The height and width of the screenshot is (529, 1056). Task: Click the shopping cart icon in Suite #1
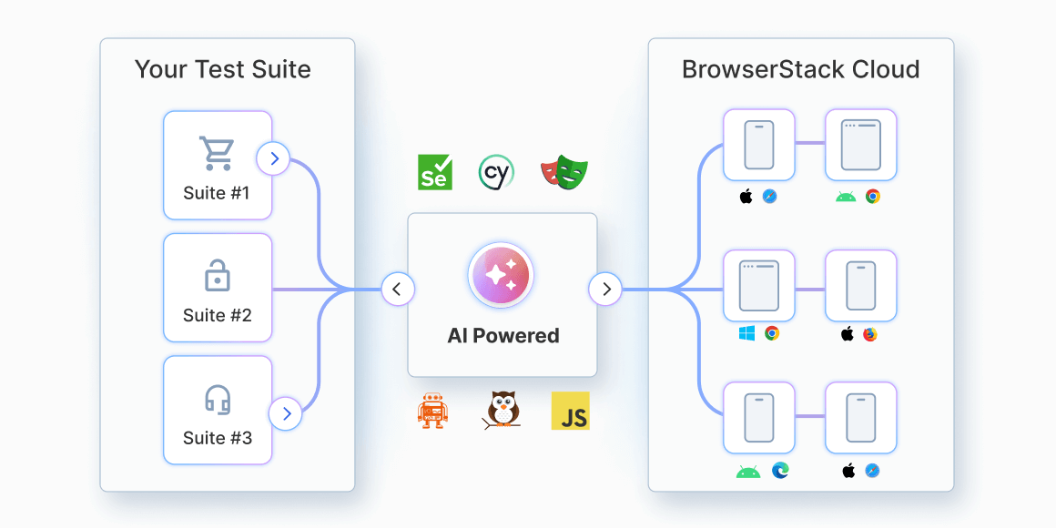point(217,154)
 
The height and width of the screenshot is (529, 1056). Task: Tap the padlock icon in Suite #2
point(217,276)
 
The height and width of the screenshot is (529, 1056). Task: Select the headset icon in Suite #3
point(217,399)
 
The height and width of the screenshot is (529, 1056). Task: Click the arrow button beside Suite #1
point(273,159)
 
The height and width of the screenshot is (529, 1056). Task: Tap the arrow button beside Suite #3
point(287,413)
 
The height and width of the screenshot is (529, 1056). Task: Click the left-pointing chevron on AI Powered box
point(397,290)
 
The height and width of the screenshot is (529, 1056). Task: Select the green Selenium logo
point(435,172)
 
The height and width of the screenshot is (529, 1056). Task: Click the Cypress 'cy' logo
point(496,172)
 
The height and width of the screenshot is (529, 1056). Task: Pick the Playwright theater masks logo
point(564,171)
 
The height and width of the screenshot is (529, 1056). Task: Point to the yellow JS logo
point(571,412)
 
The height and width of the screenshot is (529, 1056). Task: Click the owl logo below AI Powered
point(502,411)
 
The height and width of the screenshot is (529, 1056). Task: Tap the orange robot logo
point(432,412)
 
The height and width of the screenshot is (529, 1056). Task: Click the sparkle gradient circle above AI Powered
point(502,275)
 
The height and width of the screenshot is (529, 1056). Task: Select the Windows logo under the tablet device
point(747,333)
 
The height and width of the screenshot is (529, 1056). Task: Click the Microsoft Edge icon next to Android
point(780,471)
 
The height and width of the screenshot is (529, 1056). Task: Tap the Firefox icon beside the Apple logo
point(870,334)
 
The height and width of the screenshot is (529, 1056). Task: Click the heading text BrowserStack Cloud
point(800,70)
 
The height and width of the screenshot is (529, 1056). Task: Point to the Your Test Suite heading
point(223,70)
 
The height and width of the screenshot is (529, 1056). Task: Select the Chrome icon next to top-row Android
point(873,196)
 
